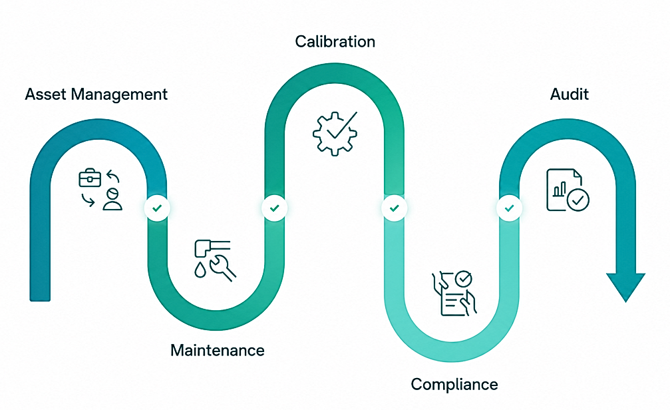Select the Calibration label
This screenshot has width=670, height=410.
(335, 41)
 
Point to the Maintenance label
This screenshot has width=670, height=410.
(218, 350)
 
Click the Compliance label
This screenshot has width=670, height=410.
(454, 384)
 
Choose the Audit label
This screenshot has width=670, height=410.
(569, 94)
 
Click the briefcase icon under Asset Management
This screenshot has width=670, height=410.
(90, 178)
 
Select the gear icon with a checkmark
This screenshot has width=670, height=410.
(335, 133)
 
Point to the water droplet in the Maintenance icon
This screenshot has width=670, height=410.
(200, 270)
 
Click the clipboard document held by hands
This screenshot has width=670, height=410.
(454, 294)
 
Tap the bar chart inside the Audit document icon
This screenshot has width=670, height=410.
(560, 190)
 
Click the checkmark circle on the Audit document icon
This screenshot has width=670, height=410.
(578, 200)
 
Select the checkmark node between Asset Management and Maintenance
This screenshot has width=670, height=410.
(157, 208)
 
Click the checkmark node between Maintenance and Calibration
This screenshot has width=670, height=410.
(274, 208)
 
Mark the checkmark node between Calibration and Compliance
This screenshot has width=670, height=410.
(395, 208)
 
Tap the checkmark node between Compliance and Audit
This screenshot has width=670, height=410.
(510, 208)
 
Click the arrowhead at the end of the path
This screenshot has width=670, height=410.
(626, 286)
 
